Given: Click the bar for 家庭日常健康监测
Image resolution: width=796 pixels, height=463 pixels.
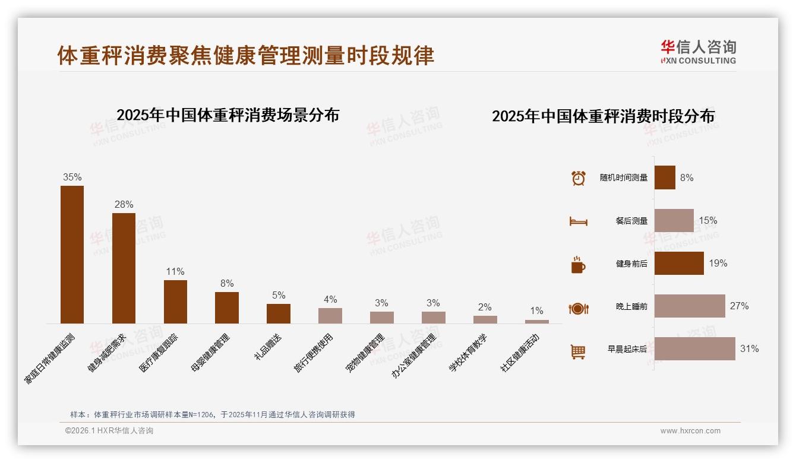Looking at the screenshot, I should [72, 255].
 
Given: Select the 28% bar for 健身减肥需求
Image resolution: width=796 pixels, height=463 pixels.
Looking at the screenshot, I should [124, 268].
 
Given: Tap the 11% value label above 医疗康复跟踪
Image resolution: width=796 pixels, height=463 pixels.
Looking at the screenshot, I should [175, 272].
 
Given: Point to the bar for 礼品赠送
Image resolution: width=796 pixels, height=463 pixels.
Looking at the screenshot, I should [278, 313].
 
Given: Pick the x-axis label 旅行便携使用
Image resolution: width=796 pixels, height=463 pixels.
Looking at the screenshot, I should [314, 353].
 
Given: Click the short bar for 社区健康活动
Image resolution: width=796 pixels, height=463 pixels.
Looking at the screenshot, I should [536, 322].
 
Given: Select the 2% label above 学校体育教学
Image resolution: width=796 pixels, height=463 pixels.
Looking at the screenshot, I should [485, 307].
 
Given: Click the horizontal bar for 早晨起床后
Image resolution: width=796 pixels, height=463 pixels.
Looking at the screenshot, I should [694, 349].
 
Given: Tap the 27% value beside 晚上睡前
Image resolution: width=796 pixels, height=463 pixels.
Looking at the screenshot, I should [739, 306].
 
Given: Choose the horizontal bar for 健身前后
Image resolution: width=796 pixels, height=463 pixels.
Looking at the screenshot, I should [679, 264].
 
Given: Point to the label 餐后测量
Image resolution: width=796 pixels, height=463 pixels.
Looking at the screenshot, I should [631, 221].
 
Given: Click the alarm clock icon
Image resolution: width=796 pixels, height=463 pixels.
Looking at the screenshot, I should [578, 178].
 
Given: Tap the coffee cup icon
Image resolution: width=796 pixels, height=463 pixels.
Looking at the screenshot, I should [578, 265].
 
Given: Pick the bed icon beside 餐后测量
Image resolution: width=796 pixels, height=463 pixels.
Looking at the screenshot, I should [578, 221].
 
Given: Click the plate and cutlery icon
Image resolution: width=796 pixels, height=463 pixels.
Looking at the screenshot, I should [578, 308].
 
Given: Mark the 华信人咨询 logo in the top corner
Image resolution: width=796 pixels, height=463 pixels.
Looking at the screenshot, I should [698, 52].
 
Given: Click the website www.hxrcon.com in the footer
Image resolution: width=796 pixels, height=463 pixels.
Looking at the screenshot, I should [690, 431].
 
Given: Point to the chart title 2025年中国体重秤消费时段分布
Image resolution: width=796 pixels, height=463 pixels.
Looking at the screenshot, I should [603, 116].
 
